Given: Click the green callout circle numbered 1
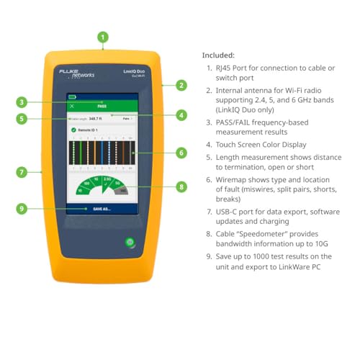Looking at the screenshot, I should (x=103, y=37).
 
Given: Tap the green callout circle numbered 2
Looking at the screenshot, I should (x=181, y=85).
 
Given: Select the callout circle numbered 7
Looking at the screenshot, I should (x=22, y=172).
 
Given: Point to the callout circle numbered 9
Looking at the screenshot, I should (x=22, y=209).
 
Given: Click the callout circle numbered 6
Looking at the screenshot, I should (x=181, y=152).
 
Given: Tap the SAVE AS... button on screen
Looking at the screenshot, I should (x=102, y=209).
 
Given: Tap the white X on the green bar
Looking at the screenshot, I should (x=71, y=105).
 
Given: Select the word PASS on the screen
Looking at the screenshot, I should (x=102, y=105).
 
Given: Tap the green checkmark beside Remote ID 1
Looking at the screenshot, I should (x=73, y=130).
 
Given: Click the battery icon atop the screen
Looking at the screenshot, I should (x=72, y=96).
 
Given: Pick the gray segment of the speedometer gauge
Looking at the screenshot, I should (x=122, y=191).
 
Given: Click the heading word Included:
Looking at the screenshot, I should (x=218, y=55).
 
